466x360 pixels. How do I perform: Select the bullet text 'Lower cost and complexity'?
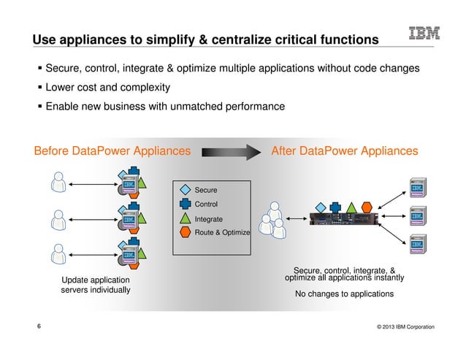pos(107,88)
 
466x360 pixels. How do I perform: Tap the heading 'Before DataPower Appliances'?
pos(112,151)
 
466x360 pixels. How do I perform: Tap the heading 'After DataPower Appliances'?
pos(344,151)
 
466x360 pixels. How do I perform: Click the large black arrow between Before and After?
pos(230,151)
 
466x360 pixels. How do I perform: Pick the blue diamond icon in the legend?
pos(185,190)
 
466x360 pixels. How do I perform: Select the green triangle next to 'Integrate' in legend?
pos(185,218)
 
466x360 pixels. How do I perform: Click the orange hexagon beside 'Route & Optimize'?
pos(185,232)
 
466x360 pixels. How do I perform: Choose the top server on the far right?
pos(419,188)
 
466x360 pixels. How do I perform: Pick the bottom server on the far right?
pos(419,244)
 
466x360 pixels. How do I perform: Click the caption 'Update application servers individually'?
pos(95,285)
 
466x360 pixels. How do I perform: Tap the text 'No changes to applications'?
pos(343,294)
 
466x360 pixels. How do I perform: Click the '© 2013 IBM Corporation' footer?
pos(401,327)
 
